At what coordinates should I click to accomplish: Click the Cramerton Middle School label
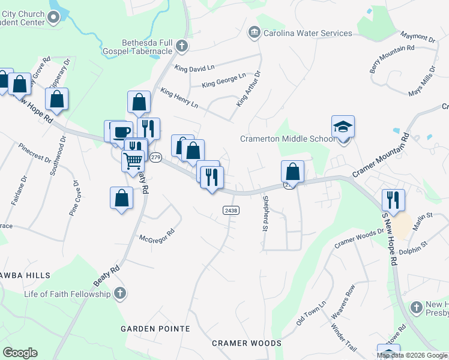(x=288, y=139)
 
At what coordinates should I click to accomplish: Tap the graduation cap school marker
(x=343, y=127)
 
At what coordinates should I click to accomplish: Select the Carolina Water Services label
(x=308, y=33)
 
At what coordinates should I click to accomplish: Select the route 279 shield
(x=155, y=157)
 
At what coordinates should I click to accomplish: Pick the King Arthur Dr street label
(x=249, y=89)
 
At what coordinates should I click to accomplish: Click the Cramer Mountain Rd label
(x=381, y=155)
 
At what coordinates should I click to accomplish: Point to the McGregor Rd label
(x=157, y=235)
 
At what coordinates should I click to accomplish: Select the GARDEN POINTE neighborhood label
(x=155, y=329)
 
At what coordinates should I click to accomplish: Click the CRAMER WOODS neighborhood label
(x=247, y=343)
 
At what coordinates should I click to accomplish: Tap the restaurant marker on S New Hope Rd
(x=393, y=200)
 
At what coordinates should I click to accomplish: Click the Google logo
(x=20, y=353)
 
